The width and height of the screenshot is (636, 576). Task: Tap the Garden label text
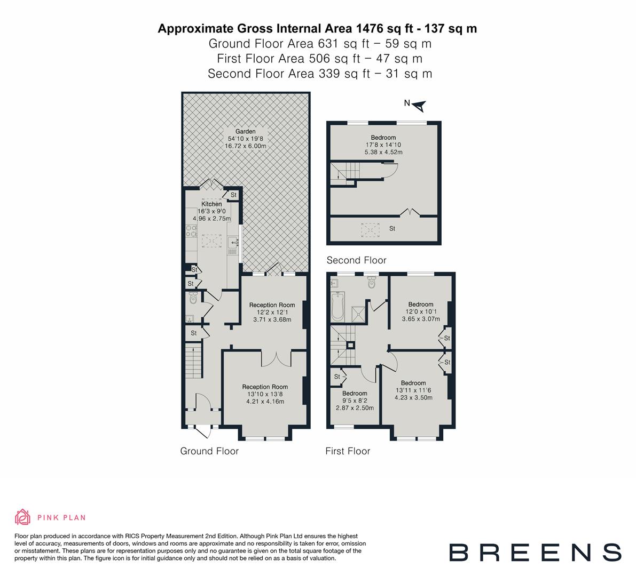click(246, 131)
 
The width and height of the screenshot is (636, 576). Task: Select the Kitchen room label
click(211, 204)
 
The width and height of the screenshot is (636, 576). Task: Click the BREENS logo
click(535, 552)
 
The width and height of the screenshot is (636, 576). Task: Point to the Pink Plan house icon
click(23, 517)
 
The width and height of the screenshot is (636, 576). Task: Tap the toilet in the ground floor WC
click(193, 298)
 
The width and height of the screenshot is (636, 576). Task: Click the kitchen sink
click(233, 244)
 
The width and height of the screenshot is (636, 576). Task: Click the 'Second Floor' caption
click(356, 260)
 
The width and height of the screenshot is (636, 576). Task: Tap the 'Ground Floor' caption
click(209, 451)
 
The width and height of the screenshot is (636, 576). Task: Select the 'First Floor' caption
click(348, 451)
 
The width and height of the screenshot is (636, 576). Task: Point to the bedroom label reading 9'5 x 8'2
click(355, 401)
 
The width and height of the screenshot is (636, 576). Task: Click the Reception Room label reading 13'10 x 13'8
click(265, 394)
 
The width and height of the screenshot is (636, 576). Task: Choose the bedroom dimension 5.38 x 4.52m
click(383, 152)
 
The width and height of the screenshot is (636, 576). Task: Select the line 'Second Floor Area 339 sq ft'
click(319, 74)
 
